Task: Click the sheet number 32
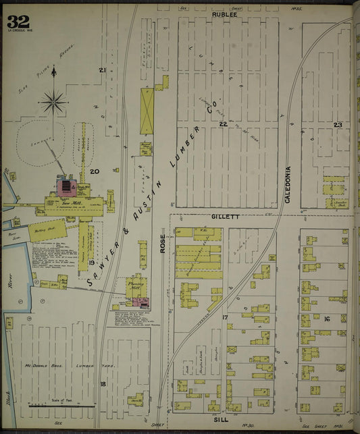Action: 18,21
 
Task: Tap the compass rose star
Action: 53,103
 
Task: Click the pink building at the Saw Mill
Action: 66,186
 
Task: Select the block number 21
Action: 103,70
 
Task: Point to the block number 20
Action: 95,171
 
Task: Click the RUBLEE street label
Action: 224,13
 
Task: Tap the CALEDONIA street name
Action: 288,185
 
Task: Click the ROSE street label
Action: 163,244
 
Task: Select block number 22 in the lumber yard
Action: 222,124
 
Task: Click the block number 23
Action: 338,125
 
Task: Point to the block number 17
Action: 225,317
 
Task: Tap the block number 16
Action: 326,319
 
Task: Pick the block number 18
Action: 103,384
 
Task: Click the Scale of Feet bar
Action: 60,406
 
